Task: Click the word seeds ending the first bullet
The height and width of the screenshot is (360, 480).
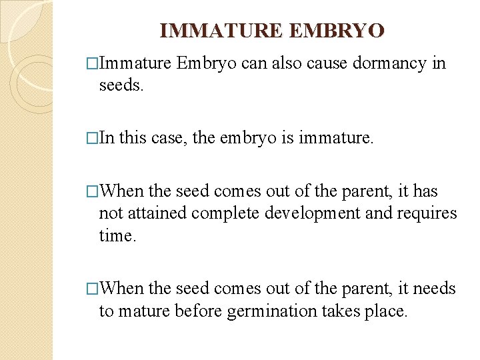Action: tap(121, 86)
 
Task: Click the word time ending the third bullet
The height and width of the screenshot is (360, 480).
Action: tap(116, 235)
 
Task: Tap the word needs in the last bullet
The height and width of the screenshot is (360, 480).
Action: tap(434, 289)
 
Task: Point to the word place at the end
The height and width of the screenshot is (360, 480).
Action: tap(386, 311)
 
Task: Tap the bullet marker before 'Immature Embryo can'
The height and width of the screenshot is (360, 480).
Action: tap(93, 63)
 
